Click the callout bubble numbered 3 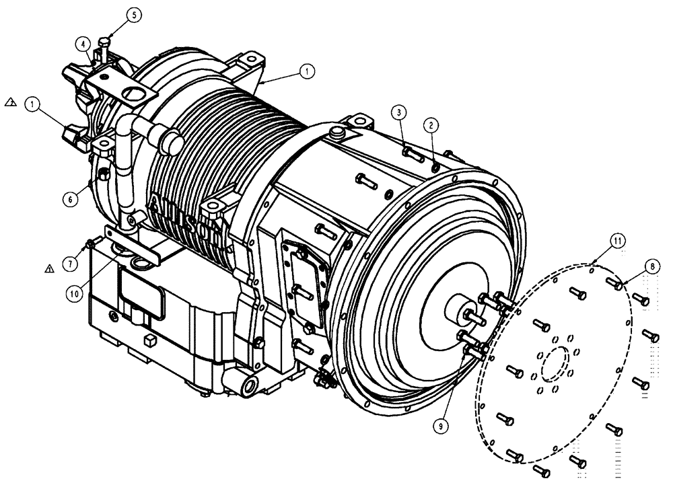(x=399, y=111)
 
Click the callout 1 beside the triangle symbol (x=30, y=104)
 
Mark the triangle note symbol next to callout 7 (x=48, y=268)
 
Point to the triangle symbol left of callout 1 (x=10, y=102)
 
